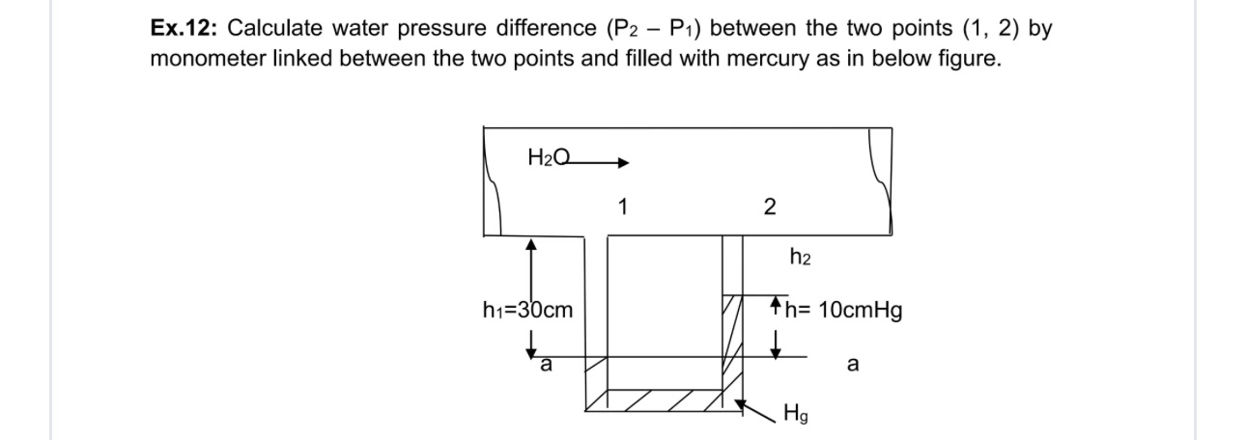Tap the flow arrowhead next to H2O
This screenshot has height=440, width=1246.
click(623, 162)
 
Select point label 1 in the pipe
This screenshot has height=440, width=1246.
click(623, 206)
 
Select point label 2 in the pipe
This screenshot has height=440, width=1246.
click(768, 206)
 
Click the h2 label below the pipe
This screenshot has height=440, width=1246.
click(800, 258)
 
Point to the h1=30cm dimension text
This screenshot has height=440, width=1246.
click(526, 311)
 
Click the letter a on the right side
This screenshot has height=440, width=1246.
click(851, 366)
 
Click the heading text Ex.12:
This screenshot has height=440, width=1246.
click(184, 29)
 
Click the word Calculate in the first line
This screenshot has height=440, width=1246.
click(269, 29)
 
